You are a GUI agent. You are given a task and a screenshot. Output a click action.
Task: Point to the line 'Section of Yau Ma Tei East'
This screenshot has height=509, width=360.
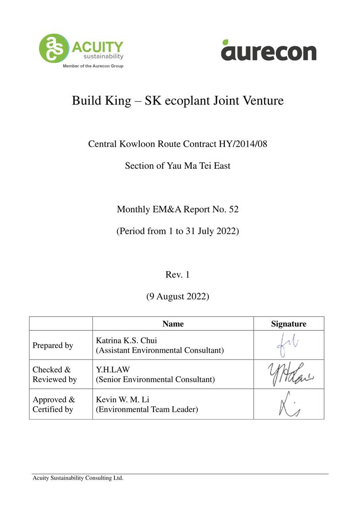tap(177, 166)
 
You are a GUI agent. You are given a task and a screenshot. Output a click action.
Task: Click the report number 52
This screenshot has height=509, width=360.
tap(233, 209)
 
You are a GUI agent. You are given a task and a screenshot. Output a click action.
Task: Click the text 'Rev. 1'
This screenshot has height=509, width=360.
tap(177, 275)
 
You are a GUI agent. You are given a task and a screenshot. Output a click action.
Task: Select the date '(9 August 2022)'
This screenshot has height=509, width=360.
tap(177, 296)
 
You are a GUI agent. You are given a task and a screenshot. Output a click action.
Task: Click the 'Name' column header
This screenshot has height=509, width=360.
tap(173, 324)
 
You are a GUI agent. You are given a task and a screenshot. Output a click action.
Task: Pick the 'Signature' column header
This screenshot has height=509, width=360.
tap(289, 324)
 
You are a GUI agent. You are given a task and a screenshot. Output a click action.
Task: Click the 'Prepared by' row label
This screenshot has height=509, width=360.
tap(53, 346)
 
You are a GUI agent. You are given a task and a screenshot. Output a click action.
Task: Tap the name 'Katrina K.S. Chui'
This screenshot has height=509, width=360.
tap(126, 341)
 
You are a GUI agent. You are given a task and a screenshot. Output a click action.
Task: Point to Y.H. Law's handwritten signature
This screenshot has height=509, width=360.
tap(289, 374)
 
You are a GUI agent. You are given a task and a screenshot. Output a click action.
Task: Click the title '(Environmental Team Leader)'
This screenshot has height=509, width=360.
tap(147, 410)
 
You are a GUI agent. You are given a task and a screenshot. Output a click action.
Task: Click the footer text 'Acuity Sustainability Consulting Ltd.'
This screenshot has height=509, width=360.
tap(78, 478)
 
